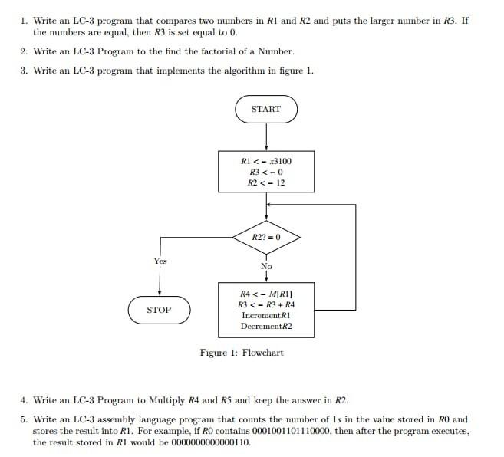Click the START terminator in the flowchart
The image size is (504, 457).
tap(266, 109)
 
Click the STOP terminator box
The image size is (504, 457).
tap(159, 310)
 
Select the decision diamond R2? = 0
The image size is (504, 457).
tap(266, 238)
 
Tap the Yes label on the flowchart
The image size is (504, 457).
tap(160, 261)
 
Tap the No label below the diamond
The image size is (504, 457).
tap(266, 266)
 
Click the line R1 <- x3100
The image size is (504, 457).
tap(266, 161)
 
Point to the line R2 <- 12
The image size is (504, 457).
tap(266, 183)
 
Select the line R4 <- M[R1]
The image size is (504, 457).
tap(266, 294)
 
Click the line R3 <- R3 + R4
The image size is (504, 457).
tap(266, 304)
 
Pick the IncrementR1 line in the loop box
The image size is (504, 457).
tap(266, 315)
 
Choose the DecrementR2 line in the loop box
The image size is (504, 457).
tap(266, 326)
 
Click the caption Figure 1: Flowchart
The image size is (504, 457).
tap(242, 353)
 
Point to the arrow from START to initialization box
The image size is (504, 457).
tap(266, 138)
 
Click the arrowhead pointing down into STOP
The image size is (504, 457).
tap(160, 291)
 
